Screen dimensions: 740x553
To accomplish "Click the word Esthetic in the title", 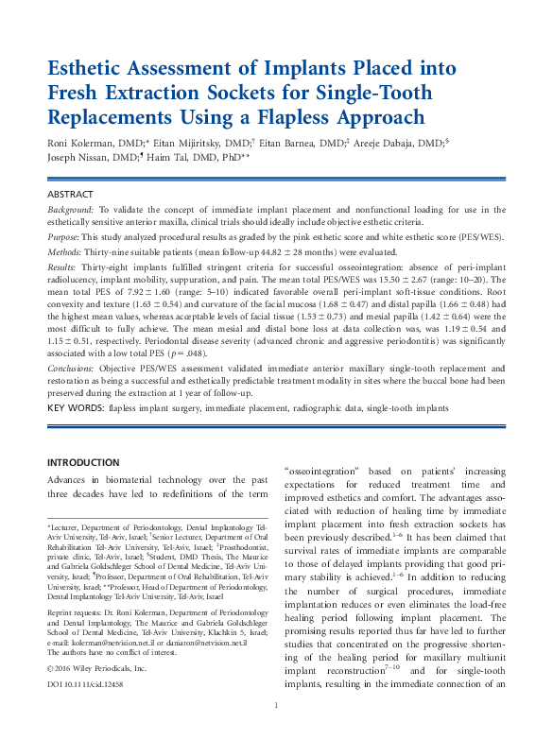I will coord(88,70).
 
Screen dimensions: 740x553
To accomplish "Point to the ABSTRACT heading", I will coord(70,194).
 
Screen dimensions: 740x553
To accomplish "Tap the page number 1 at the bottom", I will coord(276,705).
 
